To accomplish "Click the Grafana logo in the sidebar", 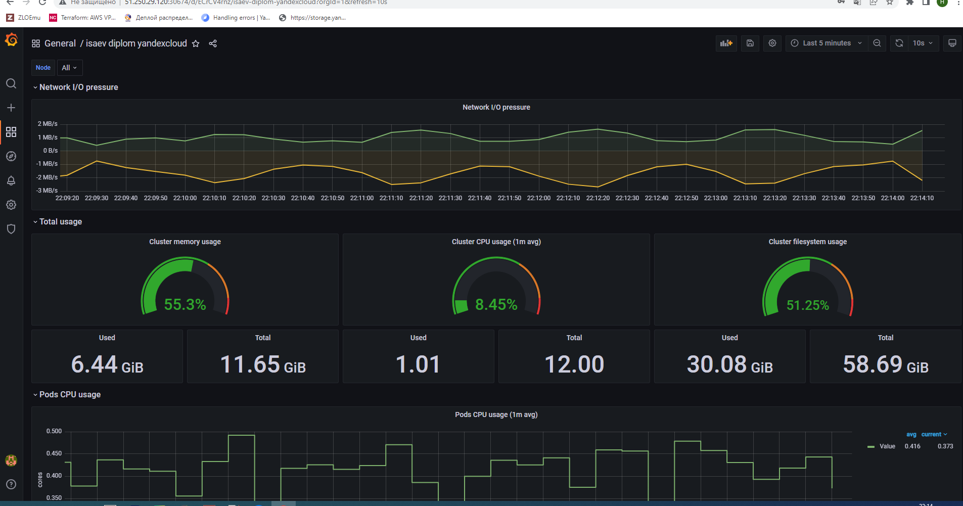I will coord(11,39).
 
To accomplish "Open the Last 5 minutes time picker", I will coord(826,43).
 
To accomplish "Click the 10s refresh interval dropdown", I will coord(923,43).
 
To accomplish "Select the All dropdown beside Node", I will coord(69,68).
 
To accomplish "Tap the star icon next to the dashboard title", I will coord(196,43).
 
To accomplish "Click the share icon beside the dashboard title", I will coord(213,43).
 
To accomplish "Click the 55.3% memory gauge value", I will coord(185,304).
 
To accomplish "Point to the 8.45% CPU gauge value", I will coord(496,304).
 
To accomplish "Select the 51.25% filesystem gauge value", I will coord(807,305).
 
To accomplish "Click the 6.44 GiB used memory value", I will coord(107,364).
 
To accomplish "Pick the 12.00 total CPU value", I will coord(574,364).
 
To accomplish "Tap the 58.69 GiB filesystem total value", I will coord(885,364).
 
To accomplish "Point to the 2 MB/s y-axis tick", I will coord(48,124).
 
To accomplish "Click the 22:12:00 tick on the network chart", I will coord(538,198).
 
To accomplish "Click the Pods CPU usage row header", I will coord(70,394).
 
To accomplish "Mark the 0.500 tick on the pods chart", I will coord(54,431).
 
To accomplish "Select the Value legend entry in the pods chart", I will coord(887,446).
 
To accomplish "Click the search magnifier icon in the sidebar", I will coord(11,83).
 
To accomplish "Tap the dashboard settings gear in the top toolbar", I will coord(772,43).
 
